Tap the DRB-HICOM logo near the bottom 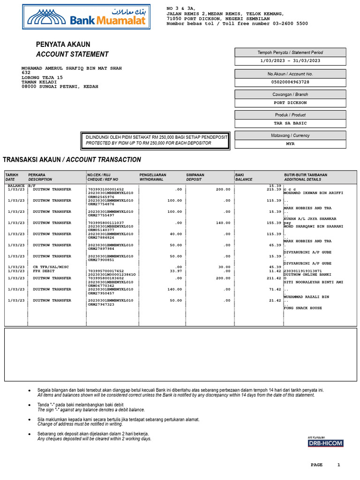click(325, 443)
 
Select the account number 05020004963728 click(290, 82)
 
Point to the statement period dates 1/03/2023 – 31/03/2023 click(290, 60)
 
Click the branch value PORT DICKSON click(290, 103)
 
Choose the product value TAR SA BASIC click(290, 123)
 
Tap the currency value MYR click(290, 144)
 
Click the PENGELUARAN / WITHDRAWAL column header click(153, 177)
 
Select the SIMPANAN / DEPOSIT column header click(195, 177)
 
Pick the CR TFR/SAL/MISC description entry click(51, 267)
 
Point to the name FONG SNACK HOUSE click(303, 308)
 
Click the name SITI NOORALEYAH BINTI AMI click(313, 282)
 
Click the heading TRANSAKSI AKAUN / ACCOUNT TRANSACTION click(72, 160)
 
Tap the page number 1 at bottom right click(338, 465)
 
